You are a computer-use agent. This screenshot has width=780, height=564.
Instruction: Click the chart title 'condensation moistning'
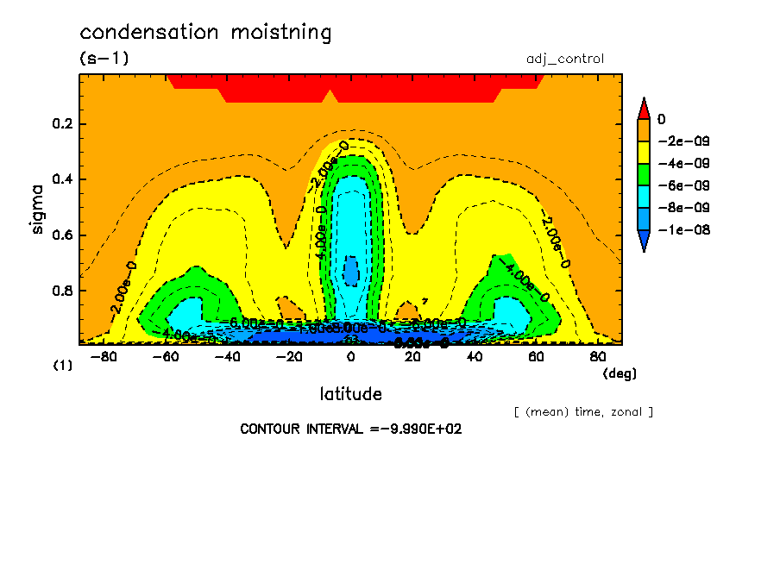(205, 33)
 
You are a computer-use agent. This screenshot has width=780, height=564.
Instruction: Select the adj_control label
(564, 59)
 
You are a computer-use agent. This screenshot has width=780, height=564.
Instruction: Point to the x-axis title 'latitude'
(350, 394)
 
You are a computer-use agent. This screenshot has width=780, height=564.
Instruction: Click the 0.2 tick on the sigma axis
(63, 124)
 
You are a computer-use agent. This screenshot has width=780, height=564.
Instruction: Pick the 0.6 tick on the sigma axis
(63, 235)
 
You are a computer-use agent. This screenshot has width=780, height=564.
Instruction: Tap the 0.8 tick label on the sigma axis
(63, 291)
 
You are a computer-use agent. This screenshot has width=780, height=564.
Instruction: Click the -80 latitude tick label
(104, 357)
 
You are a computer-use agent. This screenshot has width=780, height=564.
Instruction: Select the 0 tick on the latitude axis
(350, 357)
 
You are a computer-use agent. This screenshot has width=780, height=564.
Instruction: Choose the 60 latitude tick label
(536, 357)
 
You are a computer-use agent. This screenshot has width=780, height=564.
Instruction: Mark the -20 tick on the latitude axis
(289, 357)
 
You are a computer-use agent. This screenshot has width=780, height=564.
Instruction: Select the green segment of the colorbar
(643, 173)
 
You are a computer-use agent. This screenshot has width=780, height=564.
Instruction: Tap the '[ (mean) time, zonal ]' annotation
(582, 411)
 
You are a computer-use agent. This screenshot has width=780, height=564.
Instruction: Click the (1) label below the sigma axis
(62, 366)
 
